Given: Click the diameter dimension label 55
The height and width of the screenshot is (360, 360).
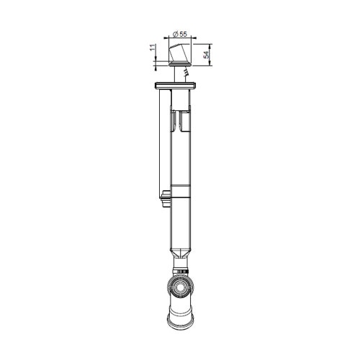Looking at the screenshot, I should click(x=184, y=34).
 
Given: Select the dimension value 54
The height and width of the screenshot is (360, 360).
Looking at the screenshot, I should click(x=207, y=55).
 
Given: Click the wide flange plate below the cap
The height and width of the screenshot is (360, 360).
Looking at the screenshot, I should click(x=176, y=87).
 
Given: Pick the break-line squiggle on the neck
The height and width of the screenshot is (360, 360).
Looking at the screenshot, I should click(x=186, y=73).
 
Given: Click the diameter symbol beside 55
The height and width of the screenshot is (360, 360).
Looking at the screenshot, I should click(x=176, y=34).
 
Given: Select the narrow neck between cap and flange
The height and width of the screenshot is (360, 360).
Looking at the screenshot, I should click(x=177, y=75).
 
